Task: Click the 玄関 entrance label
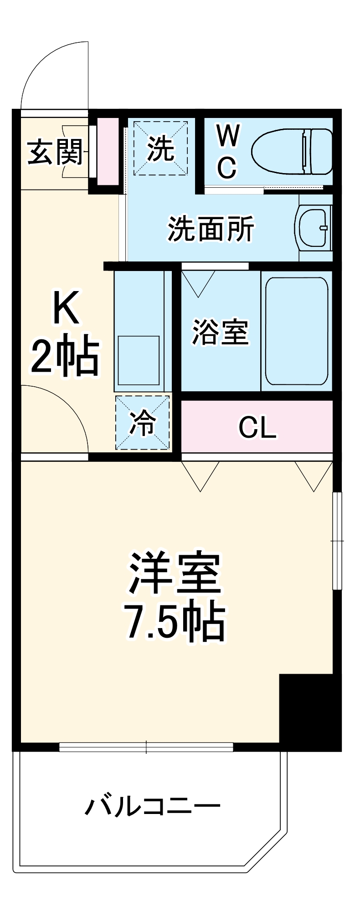(x=55, y=152)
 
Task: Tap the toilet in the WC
(x=292, y=151)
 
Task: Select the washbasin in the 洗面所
(x=314, y=227)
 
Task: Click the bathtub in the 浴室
(x=297, y=331)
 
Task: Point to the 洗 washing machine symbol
(x=160, y=148)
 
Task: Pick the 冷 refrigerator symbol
(x=143, y=423)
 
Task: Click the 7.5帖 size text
(x=175, y=622)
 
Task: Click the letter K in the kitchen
(x=67, y=308)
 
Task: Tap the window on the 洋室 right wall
(x=337, y=541)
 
